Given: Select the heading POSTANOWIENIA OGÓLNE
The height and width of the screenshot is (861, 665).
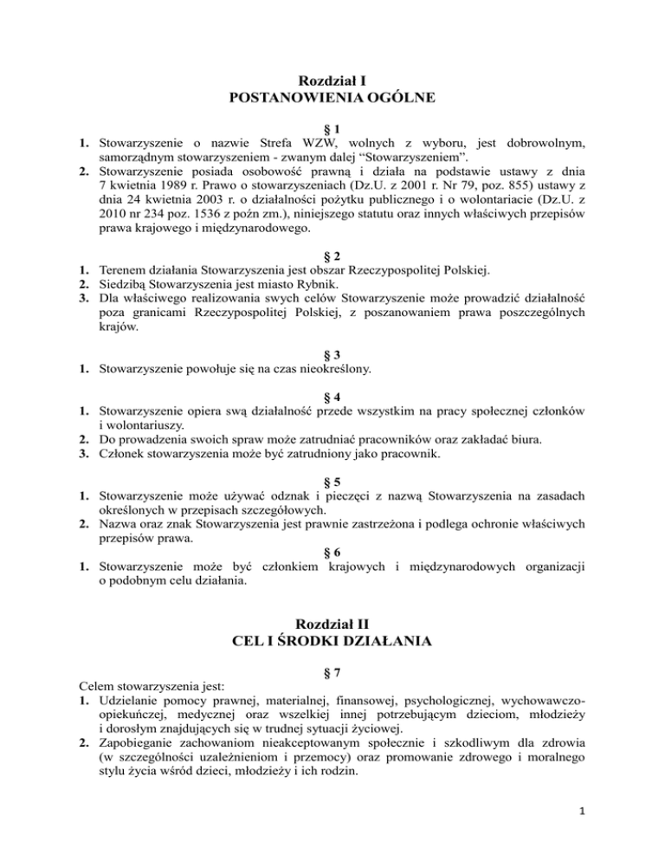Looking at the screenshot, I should pos(332,99).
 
